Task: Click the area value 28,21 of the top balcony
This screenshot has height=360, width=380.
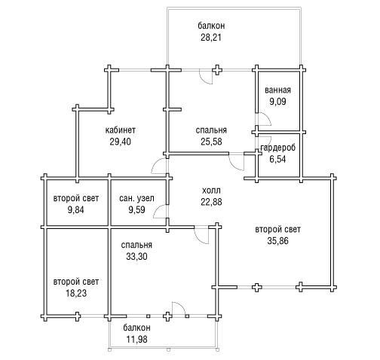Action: [211, 38]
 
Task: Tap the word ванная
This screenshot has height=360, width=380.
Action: [277, 90]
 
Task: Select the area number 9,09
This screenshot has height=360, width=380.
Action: [277, 102]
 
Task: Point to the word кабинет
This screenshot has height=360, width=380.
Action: [120, 130]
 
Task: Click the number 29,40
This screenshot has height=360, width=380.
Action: [120, 142]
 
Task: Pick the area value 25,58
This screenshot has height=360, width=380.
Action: [211, 142]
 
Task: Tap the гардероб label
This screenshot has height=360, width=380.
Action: [278, 148]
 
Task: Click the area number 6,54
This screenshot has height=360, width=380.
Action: [277, 160]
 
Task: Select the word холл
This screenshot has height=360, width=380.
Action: [211, 191]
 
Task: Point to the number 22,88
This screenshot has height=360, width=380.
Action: [211, 202]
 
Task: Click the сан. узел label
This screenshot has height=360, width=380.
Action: [136, 199]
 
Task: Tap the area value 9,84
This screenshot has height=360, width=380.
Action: [76, 210]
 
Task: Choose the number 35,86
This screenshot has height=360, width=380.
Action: [277, 241]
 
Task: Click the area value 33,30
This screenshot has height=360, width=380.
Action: [136, 256]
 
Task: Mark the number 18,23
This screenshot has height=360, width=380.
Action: [76, 293]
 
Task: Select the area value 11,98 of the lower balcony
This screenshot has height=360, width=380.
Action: [136, 340]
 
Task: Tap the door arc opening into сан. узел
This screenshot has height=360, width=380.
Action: [158, 209]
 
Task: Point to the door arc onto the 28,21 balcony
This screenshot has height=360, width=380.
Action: [203, 79]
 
